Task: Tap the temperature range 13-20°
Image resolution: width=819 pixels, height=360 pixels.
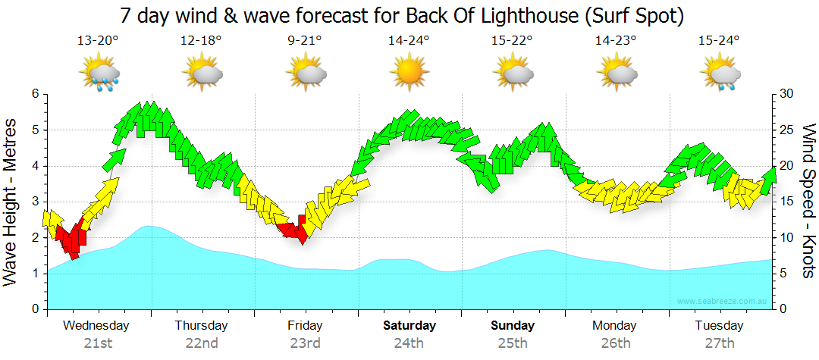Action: [x=98, y=41]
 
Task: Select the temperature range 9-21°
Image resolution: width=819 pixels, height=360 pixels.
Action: [x=305, y=41]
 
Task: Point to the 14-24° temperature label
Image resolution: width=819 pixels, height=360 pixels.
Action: [x=409, y=41]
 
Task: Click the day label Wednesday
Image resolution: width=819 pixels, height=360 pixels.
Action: [x=96, y=326]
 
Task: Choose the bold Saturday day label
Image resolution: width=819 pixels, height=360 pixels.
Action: [x=409, y=326]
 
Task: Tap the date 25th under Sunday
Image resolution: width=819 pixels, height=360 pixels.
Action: [x=513, y=343]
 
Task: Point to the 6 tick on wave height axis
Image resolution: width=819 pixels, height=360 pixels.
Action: [x=34, y=94]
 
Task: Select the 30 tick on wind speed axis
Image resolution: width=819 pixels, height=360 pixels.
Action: [x=786, y=94]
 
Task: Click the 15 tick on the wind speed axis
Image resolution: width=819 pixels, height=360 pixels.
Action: [x=786, y=202]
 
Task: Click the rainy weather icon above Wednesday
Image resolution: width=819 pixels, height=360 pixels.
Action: [x=99, y=74]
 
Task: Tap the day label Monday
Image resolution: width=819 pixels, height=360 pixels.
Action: [x=615, y=326]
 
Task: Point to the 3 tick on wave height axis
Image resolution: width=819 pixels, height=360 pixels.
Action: [x=34, y=202]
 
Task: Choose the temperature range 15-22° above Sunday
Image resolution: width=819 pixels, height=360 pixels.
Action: [x=513, y=41]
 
